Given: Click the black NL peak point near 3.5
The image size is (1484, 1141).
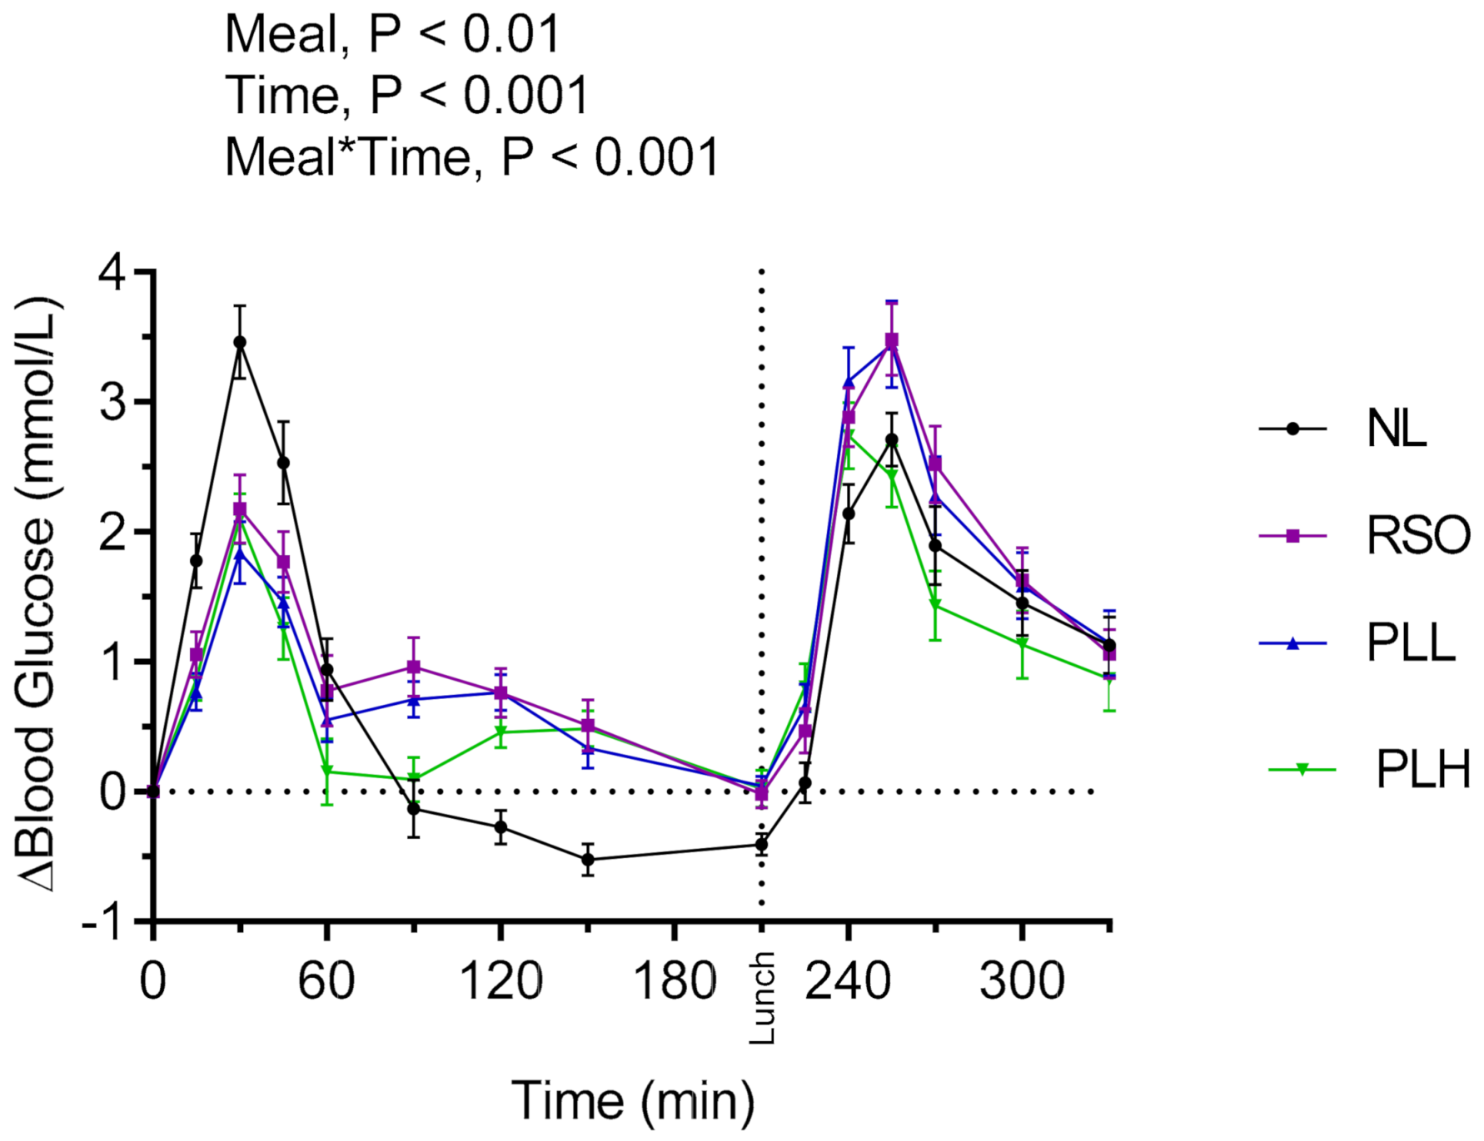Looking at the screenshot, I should coord(240,342).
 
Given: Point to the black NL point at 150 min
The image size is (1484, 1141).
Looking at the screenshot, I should coord(588,860).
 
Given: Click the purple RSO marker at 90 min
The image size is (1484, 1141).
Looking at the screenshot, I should coord(414,667).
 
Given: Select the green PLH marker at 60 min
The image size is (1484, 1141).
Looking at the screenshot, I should coord(327,771).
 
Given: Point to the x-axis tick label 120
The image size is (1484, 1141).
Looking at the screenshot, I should coord(500,981).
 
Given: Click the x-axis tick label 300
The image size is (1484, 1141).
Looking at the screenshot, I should coord(1022,981).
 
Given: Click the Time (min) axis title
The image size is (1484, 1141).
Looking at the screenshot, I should coord(633,1100).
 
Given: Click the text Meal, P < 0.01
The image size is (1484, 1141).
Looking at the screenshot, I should coord(393,35).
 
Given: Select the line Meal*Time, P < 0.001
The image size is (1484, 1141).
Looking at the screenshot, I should coord(471,156).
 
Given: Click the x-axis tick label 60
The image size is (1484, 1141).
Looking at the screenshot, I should coord(326,981).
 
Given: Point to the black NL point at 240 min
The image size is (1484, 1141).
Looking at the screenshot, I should coord(849,514).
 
